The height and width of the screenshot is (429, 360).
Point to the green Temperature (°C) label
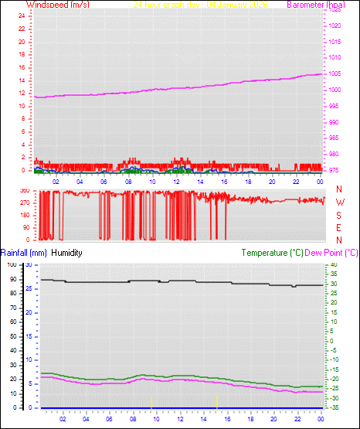pyautogui.click(x=272, y=252)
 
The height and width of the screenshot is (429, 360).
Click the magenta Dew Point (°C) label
pyautogui.click(x=331, y=252)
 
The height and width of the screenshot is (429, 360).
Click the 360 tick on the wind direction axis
pyautogui.click(x=23, y=190)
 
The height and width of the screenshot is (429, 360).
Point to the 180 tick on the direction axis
pyautogui.click(x=23, y=216)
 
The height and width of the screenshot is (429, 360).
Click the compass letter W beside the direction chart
pyautogui.click(x=339, y=203)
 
